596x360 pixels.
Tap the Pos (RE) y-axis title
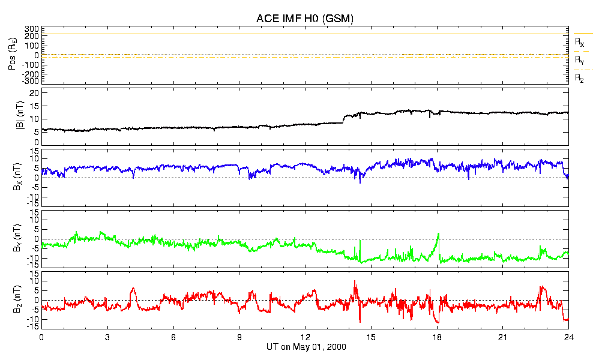(12, 56)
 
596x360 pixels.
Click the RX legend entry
(580, 42)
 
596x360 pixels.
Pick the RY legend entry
(580, 60)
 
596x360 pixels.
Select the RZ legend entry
(580, 78)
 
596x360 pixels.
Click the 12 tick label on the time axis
(306, 338)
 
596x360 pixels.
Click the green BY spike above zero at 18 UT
(439, 234)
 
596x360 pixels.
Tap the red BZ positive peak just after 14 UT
(355, 281)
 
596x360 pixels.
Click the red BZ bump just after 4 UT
(133, 289)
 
